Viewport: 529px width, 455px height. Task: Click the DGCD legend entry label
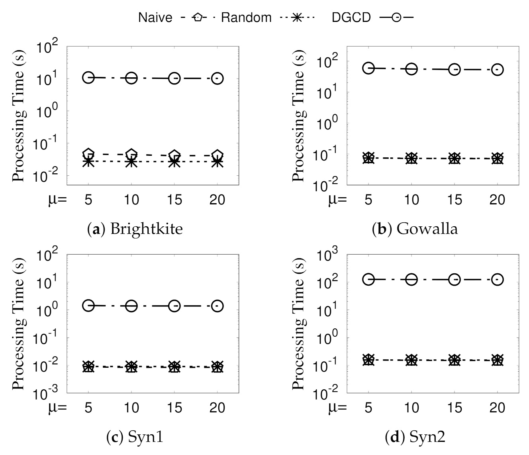[351, 18]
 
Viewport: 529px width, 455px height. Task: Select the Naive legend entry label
[155, 18]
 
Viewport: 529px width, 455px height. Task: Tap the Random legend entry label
[246, 18]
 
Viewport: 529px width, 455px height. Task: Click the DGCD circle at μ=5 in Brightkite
[88, 78]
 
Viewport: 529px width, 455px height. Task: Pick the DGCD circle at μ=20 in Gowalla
[497, 69]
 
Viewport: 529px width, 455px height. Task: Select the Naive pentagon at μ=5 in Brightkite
[88, 154]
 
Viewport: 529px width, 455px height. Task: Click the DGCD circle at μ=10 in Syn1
[131, 306]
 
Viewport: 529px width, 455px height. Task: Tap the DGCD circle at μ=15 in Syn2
[454, 279]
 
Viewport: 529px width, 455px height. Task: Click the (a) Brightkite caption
[134, 229]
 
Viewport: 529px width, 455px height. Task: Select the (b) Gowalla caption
[415, 229]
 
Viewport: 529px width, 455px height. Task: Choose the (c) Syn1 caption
[135, 437]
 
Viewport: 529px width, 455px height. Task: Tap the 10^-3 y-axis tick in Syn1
[48, 394]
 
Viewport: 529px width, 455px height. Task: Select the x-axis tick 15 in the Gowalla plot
[454, 199]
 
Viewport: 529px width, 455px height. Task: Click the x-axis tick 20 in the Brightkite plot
[217, 199]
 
